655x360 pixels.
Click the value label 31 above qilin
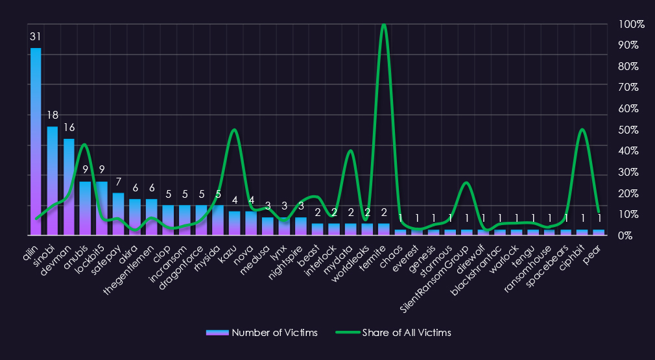[x=36, y=37]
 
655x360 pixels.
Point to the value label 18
[x=53, y=115]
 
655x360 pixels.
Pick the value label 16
[x=69, y=128]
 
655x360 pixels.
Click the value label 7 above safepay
[x=118, y=182]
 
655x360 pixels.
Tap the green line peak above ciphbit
[x=582, y=130]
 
